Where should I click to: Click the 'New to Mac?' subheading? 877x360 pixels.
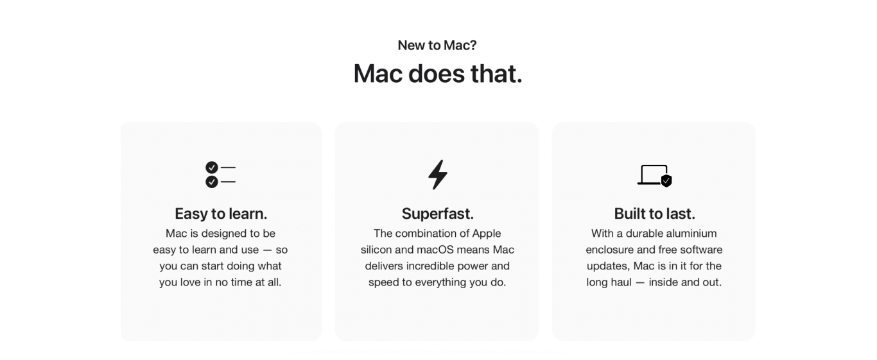click(437, 46)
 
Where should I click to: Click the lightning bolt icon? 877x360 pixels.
click(438, 175)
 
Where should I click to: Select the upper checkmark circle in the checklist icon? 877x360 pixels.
click(212, 167)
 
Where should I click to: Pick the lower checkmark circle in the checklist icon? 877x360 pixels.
click(212, 182)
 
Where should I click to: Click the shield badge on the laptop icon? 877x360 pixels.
click(666, 181)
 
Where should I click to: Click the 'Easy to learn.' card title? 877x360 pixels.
click(221, 214)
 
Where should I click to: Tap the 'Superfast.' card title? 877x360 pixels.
click(438, 214)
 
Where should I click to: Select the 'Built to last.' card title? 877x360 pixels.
click(655, 214)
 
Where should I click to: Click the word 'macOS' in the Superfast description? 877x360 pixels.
click(435, 250)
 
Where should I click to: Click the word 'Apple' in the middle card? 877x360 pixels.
click(486, 234)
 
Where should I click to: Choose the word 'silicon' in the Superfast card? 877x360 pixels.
click(376, 250)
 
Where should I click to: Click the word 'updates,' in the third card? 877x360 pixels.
click(609, 266)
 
